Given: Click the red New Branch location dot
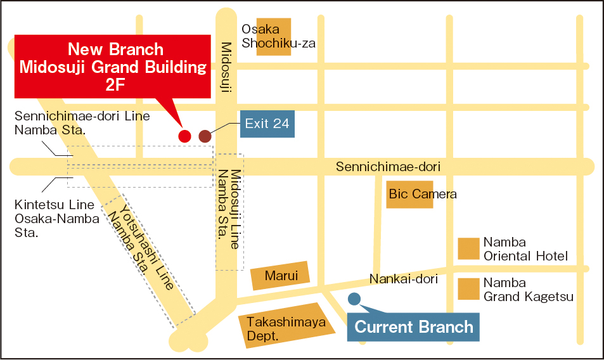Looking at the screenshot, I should point(184,136).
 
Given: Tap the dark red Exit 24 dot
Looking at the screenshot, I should point(205,136).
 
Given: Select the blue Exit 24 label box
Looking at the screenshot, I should point(267,124).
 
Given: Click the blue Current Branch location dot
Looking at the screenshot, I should point(354,298).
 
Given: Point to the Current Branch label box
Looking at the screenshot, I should point(413,327).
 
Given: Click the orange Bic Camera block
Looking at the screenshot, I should point(405,194).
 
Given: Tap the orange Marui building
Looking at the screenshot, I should point(281,276).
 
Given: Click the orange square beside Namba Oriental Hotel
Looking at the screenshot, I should point(469,248).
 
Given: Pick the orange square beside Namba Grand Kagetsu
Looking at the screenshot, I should point(469,289).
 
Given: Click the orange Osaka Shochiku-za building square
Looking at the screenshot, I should point(273,37).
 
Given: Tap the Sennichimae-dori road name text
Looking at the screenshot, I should point(388,167).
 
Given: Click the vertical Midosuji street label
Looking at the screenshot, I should point(226,67).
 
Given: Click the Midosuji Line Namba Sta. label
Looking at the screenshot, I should point(229,209).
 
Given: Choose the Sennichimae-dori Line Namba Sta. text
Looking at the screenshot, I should point(82,122).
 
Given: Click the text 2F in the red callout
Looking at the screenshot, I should point(114,86).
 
